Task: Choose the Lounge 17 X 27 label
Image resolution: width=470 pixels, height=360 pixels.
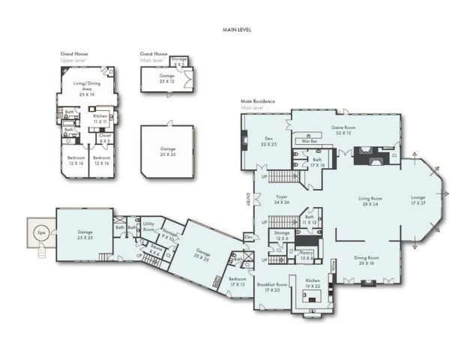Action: pyautogui.click(x=418, y=201)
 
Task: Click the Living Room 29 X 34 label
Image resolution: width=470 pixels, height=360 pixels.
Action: pyautogui.click(x=367, y=201)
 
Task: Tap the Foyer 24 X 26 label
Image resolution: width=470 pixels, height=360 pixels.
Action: pyautogui.click(x=281, y=200)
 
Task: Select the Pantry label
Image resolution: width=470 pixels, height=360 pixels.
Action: pyautogui.click(x=306, y=256)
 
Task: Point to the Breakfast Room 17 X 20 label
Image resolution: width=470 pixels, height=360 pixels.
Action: pyautogui.click(x=272, y=286)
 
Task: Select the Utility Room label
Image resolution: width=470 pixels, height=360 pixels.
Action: pyautogui.click(x=148, y=226)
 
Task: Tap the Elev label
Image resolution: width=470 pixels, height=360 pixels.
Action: pyautogui.click(x=248, y=238)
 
